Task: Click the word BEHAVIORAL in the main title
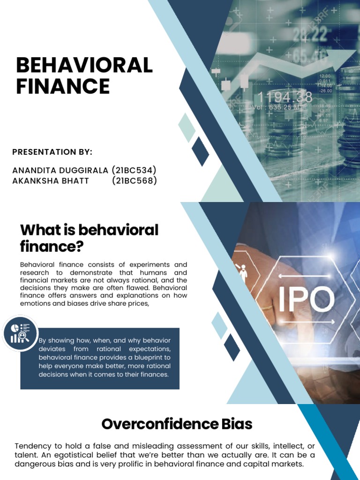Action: tap(84, 66)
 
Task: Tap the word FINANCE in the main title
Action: tap(63, 86)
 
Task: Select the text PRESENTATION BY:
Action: tap(52, 152)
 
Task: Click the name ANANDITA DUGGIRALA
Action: tap(60, 170)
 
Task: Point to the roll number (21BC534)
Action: tap(134, 170)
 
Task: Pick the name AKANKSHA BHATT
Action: tap(51, 181)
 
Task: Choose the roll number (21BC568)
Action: tap(134, 181)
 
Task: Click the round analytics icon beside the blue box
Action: tap(20, 333)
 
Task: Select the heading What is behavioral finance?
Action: tap(89, 238)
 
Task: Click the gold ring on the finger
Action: tap(268, 308)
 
